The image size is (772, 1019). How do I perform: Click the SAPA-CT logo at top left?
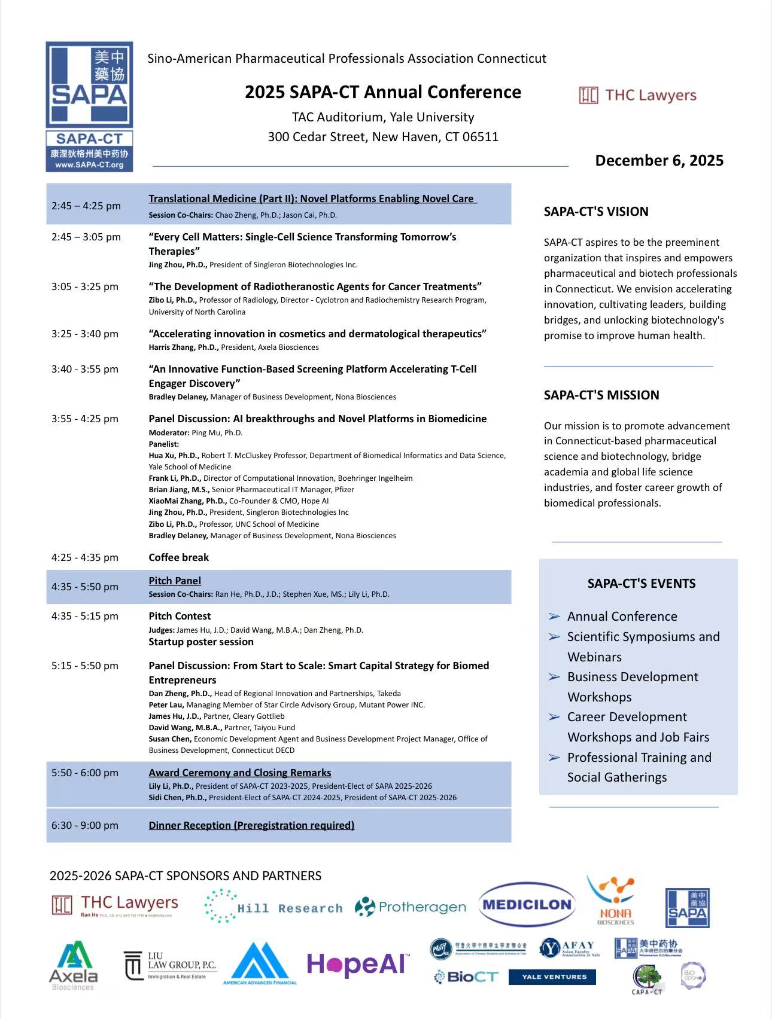pos(89,106)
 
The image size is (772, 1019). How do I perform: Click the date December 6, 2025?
pos(659,160)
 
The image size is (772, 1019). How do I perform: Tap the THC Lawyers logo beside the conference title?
pos(638,95)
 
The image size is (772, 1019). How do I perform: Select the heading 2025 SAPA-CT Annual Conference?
pos(382,92)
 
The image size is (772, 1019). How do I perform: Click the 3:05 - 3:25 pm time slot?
pos(85,286)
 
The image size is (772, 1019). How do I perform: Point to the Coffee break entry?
pos(178,557)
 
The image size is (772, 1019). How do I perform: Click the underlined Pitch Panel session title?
pos(175,581)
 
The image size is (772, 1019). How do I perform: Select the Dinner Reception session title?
pos(251,825)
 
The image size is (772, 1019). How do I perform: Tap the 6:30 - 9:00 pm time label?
pos(85,825)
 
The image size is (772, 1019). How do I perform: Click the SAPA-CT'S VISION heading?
pos(595,211)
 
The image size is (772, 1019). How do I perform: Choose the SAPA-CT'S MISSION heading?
pos(601,395)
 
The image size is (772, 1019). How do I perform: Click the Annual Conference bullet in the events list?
pos(622,616)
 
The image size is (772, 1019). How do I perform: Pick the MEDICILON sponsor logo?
pos(527,905)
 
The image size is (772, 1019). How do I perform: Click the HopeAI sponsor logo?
pos(358,965)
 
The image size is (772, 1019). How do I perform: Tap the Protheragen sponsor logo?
pos(411,907)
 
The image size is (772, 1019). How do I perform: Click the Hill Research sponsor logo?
pos(273,907)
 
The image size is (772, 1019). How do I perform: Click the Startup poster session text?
pos(201,642)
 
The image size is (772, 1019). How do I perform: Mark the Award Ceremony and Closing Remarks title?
pos(239,773)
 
